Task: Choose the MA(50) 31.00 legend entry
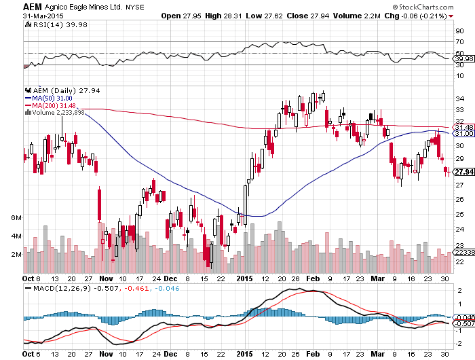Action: click(52, 98)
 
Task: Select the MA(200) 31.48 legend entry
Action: click(54, 105)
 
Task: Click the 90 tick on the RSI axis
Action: click(459, 31)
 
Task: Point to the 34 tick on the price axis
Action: click(459, 99)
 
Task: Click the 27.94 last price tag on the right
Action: click(463, 172)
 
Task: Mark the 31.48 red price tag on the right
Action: click(463, 127)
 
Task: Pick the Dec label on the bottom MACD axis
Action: click(170, 355)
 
